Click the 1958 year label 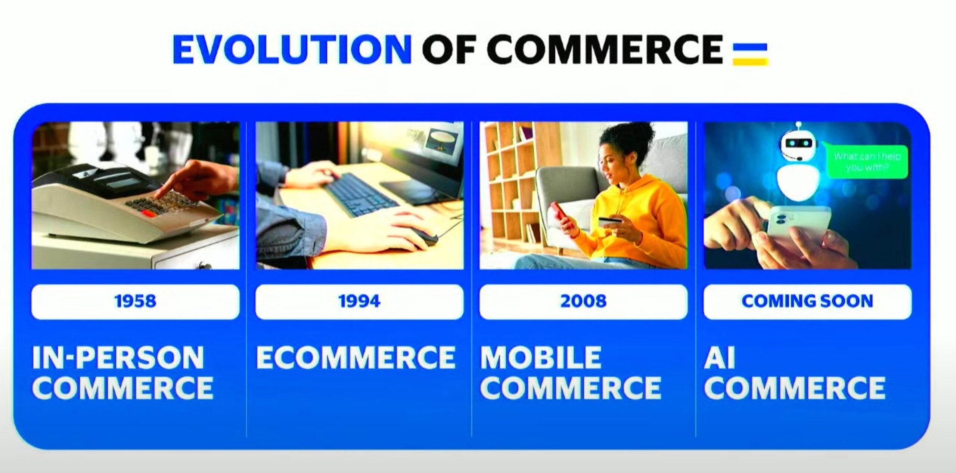click(135, 302)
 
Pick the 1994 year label click(359, 302)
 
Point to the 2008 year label click(583, 302)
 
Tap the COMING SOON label click(807, 302)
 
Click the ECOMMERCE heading click(356, 358)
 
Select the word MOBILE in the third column click(540, 358)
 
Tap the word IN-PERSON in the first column click(118, 358)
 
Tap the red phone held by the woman click(562, 216)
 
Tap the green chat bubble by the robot click(867, 161)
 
